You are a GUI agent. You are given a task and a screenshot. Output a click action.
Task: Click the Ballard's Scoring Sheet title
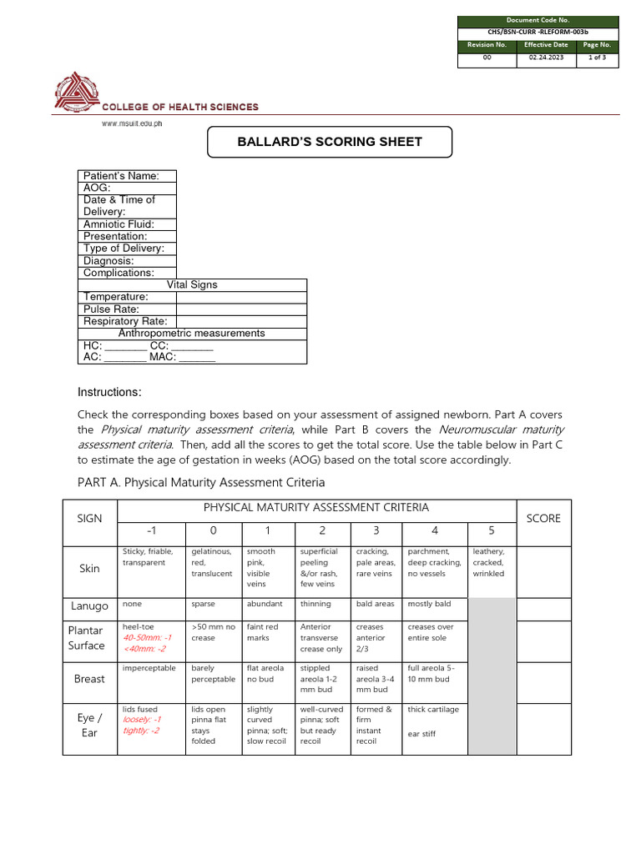coord(330,142)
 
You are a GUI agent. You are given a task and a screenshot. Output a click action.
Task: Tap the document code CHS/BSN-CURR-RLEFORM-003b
coord(538,33)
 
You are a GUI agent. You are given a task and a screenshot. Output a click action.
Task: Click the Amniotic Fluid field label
coord(118,224)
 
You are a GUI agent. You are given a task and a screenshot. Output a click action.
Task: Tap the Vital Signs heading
coord(192,285)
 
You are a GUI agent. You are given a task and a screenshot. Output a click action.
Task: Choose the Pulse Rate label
coord(111,309)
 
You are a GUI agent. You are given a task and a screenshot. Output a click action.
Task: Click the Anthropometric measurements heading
coord(191,334)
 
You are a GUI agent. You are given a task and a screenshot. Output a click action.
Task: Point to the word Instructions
coord(109,393)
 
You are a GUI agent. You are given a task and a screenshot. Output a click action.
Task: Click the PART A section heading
coord(201,482)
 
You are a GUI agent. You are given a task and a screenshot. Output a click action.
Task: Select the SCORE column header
coord(543,518)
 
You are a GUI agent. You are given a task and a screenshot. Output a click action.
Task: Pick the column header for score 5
coord(491,530)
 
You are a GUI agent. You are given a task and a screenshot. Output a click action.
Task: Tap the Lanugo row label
coord(89,606)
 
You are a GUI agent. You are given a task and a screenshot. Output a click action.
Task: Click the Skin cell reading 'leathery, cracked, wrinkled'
coord(489,563)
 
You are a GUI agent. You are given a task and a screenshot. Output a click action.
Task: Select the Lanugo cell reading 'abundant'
coord(265,604)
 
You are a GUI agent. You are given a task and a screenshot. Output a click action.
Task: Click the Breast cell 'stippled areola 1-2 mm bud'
coord(320,679)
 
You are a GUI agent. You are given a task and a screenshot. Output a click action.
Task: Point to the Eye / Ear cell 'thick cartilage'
coord(432,710)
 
